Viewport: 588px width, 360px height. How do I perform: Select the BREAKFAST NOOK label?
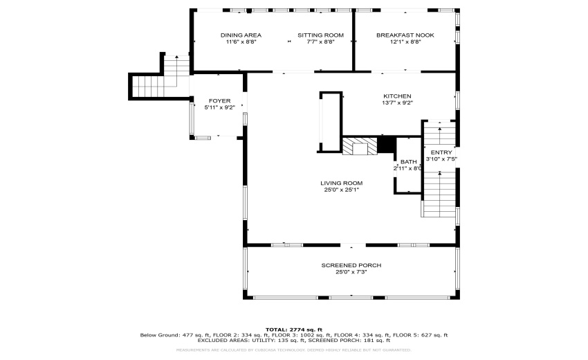tap(405, 35)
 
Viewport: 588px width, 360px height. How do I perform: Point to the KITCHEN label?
tap(398, 96)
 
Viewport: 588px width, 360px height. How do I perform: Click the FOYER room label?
tap(219, 101)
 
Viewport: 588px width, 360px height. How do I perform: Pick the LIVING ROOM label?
tap(341, 183)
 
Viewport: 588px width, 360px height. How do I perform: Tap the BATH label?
tap(408, 161)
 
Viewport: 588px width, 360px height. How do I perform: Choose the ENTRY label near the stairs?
tap(441, 152)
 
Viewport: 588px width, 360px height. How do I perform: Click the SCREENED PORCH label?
tap(351, 265)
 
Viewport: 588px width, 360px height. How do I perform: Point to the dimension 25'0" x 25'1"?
tap(341, 190)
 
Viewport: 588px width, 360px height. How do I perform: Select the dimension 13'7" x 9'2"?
tap(398, 103)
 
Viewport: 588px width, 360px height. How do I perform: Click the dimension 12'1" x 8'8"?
tap(405, 42)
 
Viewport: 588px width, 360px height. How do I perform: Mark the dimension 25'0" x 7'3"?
tap(351, 272)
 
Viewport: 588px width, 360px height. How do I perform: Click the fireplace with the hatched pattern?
tap(360, 146)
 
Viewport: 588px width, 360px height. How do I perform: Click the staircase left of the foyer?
tap(147, 86)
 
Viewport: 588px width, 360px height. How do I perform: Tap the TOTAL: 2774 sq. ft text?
tap(293, 329)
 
